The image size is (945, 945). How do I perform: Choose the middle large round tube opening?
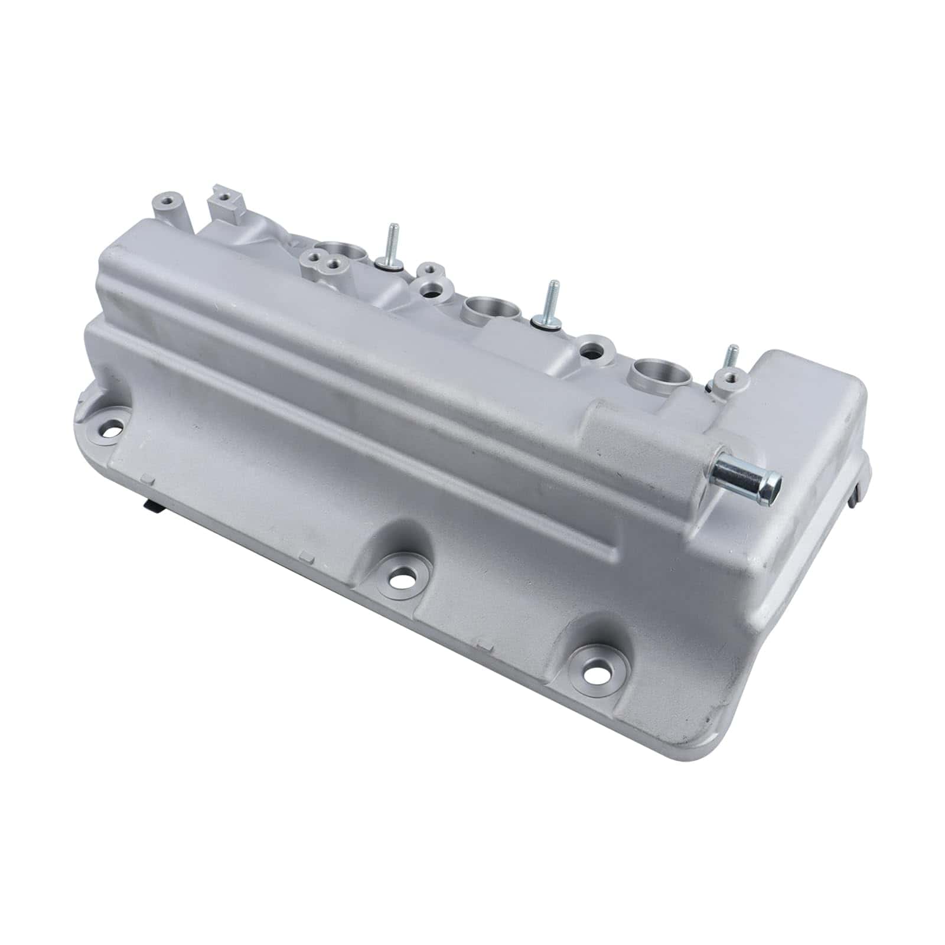pos(491,307)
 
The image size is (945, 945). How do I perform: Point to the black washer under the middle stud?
pos(545,322)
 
